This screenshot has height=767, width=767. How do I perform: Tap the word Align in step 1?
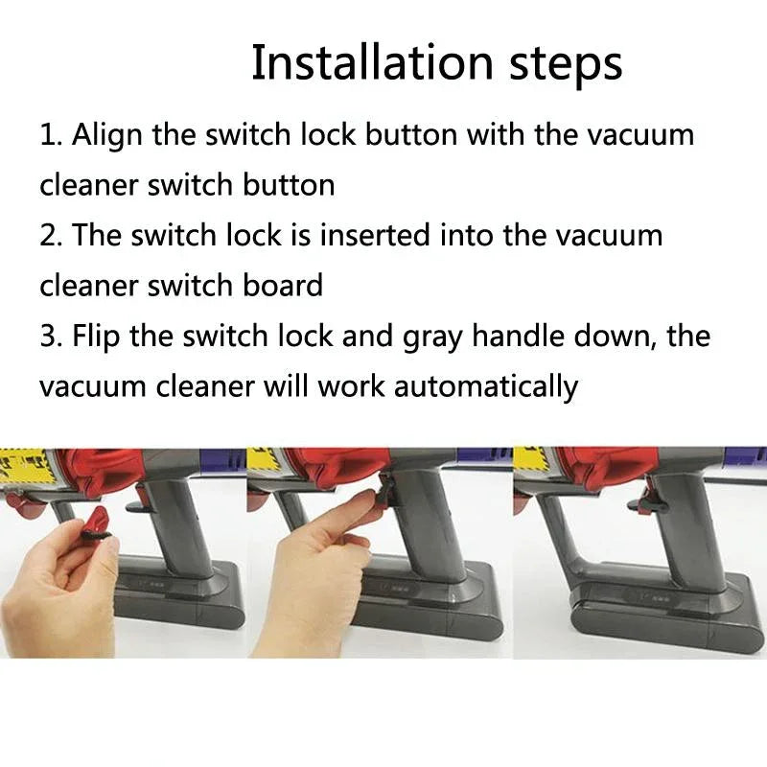110,134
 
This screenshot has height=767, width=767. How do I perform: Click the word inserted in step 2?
375,235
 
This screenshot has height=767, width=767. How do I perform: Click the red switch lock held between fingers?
96,523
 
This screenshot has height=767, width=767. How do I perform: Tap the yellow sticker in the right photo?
530,459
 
